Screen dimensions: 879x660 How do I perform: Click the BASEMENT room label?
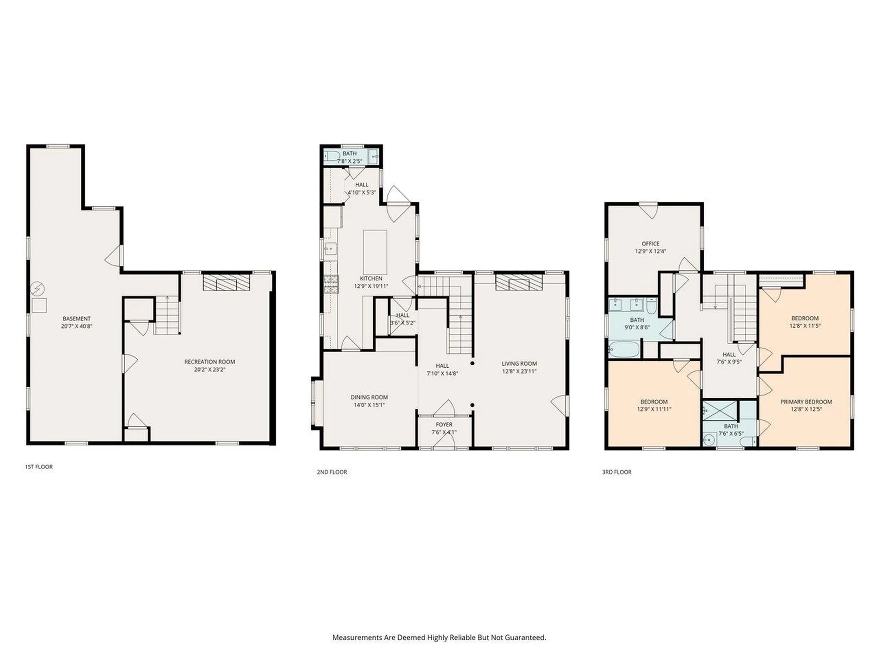pos(76,319)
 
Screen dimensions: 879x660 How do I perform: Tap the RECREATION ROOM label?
pos(210,362)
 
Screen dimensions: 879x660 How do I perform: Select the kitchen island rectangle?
pos(375,252)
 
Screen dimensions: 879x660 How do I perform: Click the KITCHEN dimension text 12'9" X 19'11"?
pos(371,286)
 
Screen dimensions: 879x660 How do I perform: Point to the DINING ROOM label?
pos(369,397)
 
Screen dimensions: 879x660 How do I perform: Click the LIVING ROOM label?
pos(519,364)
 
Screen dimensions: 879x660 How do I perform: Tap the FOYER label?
pos(444,424)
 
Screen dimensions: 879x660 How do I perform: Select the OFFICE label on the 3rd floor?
pos(651,244)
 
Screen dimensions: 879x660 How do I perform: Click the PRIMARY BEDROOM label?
pos(806,402)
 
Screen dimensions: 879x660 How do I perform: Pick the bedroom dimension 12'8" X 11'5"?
pos(805,326)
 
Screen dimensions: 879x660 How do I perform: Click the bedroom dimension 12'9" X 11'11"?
pos(654,409)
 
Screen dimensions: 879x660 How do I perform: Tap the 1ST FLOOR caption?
pos(39,467)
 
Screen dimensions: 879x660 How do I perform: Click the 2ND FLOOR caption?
pos(332,472)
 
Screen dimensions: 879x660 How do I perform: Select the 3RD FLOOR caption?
pos(617,472)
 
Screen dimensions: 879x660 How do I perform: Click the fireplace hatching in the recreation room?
pos(227,282)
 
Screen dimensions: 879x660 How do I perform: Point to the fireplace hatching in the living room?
pos(519,282)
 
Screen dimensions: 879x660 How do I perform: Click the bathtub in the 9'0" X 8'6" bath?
pos(624,349)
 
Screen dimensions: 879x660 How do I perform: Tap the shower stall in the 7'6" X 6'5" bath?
pos(720,411)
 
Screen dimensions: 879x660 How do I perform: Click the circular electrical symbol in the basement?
pos(37,288)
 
